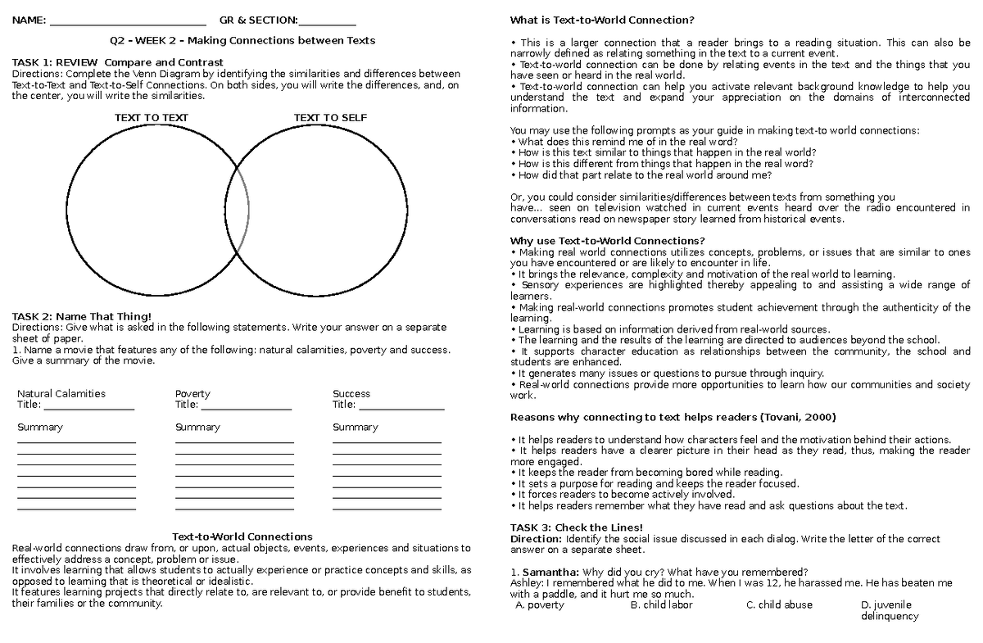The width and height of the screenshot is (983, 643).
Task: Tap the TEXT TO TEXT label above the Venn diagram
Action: (152, 118)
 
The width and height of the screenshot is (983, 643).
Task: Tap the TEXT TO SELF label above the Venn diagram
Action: (330, 118)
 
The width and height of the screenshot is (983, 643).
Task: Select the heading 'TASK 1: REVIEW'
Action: (56, 62)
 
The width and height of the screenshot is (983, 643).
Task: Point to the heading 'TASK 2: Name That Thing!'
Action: (81, 317)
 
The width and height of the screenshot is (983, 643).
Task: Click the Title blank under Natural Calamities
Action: (88, 405)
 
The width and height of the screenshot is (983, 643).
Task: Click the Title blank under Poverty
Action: (246, 405)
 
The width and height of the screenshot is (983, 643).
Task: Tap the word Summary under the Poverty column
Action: (197, 428)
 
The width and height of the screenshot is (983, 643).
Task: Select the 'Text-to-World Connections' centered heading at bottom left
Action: (242, 537)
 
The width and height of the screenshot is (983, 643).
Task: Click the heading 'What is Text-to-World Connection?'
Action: (602, 20)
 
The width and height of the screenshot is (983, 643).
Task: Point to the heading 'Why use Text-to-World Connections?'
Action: (607, 241)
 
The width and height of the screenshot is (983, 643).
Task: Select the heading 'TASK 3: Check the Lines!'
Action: (576, 528)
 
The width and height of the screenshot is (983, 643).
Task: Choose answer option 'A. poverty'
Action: (540, 605)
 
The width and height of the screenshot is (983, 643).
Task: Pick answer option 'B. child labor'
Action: (661, 605)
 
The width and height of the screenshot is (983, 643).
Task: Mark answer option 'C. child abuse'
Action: (779, 605)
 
